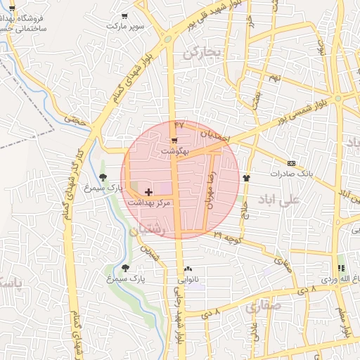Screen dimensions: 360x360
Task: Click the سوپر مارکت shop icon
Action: click(125, 16)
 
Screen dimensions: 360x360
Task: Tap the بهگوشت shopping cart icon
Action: click(174, 141)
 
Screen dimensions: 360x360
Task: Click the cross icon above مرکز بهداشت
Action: click(148, 191)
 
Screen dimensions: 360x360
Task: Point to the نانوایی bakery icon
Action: click(188, 269)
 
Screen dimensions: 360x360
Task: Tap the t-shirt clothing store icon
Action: click(246, 179)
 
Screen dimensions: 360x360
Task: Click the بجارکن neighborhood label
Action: click(202, 52)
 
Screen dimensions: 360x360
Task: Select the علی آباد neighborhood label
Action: click(278, 200)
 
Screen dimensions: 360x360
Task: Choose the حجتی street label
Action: click(74, 120)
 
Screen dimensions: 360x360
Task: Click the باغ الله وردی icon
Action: click(341, 269)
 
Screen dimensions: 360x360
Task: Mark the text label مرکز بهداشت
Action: click(150, 202)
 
